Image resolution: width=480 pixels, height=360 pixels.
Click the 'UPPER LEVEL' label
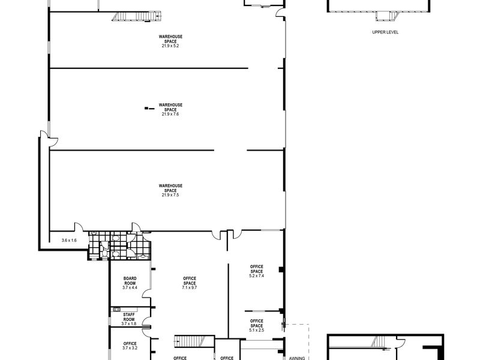point(385,32)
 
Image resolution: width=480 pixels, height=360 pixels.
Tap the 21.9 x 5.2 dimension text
point(170,46)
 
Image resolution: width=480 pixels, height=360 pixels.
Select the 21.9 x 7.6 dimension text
point(170,114)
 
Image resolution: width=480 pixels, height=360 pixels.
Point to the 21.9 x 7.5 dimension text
point(170,195)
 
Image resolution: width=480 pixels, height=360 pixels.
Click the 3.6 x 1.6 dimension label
point(69,241)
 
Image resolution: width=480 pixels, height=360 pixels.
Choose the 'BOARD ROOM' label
point(130,281)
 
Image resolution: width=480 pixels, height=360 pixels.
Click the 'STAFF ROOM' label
point(129,317)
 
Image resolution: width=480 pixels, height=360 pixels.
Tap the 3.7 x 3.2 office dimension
point(130,348)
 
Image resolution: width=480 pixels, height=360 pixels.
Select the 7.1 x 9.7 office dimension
point(190,288)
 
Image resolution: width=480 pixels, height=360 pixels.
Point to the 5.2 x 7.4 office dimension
point(257,276)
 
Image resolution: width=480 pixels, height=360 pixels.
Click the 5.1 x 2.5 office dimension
point(257,331)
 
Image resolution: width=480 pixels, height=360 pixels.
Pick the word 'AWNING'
point(297,358)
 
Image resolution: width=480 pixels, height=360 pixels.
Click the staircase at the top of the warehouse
point(136,16)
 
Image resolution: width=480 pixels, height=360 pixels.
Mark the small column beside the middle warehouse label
point(149,108)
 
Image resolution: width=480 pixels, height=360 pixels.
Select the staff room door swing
point(146,322)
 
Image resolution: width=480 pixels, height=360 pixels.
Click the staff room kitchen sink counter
point(124,310)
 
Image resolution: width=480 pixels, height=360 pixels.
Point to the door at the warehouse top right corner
point(280,13)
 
